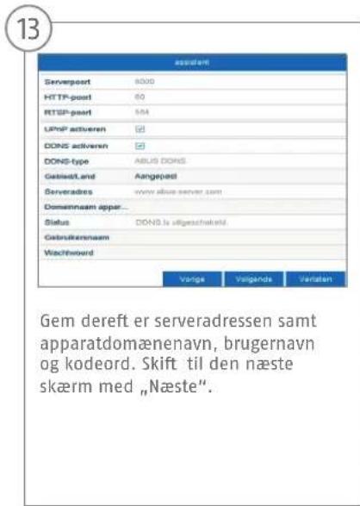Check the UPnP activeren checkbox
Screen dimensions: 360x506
pyautogui.click(x=140, y=127)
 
